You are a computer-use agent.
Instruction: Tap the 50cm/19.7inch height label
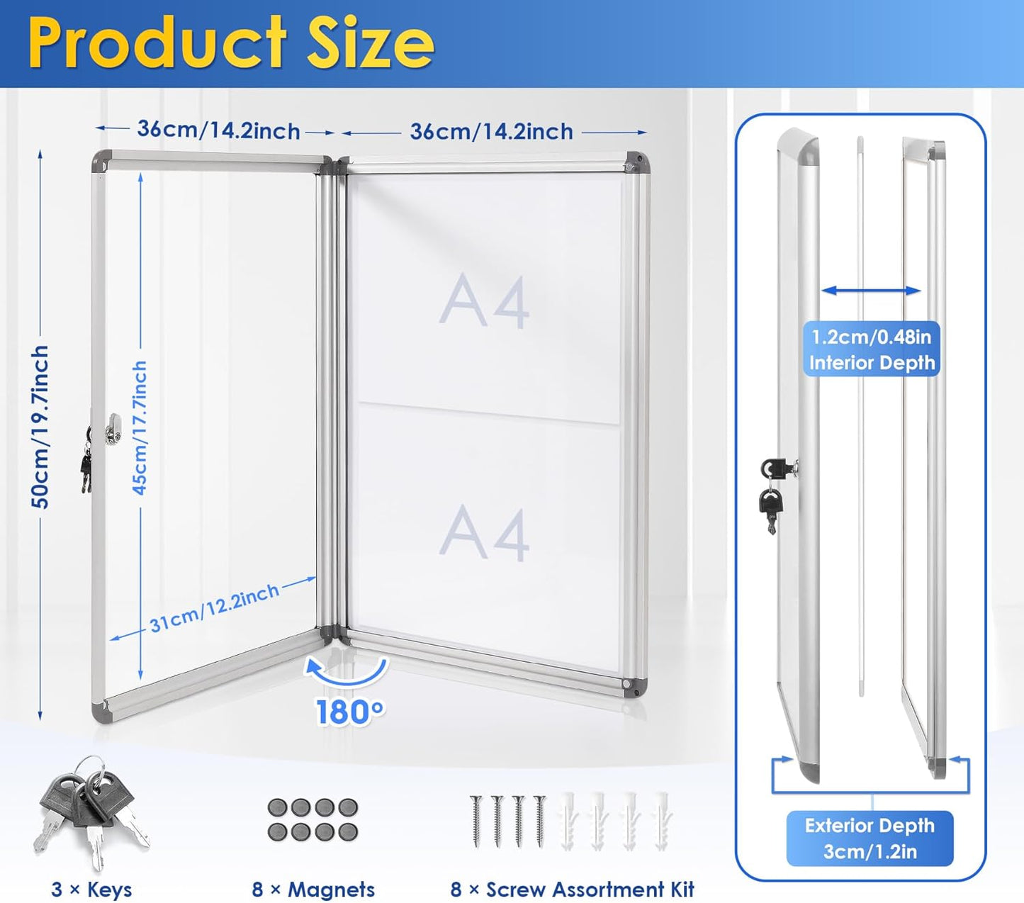[41, 427]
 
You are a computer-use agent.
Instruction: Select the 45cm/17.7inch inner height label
[140, 427]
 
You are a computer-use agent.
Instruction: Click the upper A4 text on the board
[485, 302]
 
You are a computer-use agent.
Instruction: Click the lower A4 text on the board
[485, 533]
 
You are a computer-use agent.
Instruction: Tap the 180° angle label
[350, 712]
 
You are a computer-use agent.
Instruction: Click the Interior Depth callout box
[871, 349]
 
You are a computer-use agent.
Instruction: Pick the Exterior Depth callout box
[870, 838]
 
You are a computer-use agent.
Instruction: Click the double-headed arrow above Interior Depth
[871, 291]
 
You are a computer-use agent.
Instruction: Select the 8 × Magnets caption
[313, 889]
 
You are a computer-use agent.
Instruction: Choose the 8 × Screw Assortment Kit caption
[573, 889]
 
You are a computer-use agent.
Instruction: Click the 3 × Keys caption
[91, 889]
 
